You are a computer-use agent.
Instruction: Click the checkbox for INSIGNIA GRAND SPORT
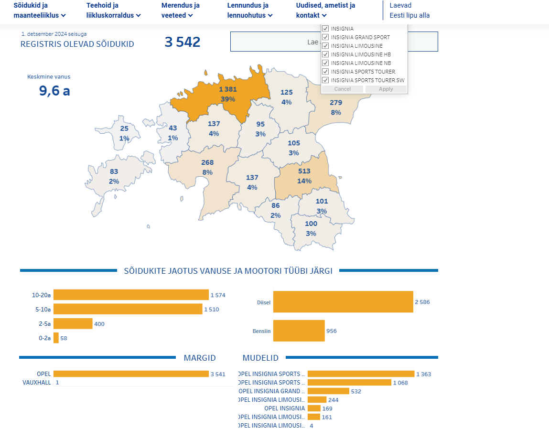tap(325, 37)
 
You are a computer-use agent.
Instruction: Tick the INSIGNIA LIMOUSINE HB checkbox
tap(325, 54)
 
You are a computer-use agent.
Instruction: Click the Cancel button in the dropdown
tap(342, 89)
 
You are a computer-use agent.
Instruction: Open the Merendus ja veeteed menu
tap(180, 11)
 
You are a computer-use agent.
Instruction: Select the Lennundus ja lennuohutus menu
tap(249, 11)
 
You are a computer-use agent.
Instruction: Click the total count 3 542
tap(182, 42)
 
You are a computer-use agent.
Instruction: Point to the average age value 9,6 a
tap(54, 90)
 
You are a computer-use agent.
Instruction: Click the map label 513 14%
tap(304, 176)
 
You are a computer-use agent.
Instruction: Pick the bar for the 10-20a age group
tap(131, 295)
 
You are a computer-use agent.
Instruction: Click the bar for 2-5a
tap(73, 323)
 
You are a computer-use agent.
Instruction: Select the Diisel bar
tap(343, 302)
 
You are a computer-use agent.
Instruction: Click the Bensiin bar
tap(299, 331)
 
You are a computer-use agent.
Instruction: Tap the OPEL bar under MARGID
tap(131, 374)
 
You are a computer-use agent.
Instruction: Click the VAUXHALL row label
tap(37, 383)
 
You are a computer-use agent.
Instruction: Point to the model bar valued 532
tap(328, 391)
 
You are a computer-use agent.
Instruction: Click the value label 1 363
tap(423, 374)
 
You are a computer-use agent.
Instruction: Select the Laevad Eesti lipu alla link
tap(409, 11)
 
